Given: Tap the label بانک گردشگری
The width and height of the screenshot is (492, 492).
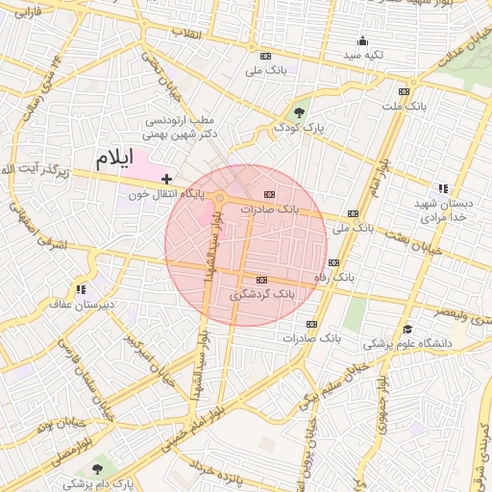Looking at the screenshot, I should coord(262,293).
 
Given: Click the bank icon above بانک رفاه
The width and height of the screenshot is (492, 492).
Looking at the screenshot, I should coord(333,262).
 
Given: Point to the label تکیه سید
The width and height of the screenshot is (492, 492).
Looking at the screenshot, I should coord(364,55).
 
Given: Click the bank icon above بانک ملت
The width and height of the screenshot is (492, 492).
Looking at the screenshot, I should coord(404,91).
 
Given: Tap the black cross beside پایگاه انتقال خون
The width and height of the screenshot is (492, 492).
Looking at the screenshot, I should coord(166,178).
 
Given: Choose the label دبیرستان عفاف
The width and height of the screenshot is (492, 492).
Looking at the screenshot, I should coord(83,304).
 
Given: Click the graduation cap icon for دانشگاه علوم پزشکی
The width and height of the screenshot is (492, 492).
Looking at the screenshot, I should coord(407,329).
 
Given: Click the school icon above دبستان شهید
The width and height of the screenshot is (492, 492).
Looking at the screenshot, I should coord(442,189).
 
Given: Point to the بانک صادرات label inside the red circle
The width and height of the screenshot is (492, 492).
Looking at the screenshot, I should coord(270,209).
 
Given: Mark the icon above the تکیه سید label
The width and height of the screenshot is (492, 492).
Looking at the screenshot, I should coord(362,40).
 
